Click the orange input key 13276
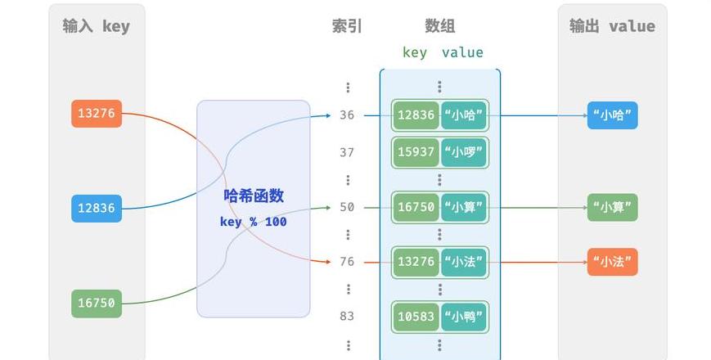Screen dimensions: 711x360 (x=97, y=114)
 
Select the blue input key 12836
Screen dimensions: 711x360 (x=97, y=208)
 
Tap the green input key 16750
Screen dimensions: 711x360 (x=97, y=304)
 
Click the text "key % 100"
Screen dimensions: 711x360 (x=253, y=222)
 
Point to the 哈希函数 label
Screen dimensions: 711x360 (x=254, y=196)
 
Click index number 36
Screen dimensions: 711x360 (x=347, y=115)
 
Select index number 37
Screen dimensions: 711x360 (x=347, y=152)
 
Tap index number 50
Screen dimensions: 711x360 (x=347, y=207)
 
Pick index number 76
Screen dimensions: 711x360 (x=347, y=262)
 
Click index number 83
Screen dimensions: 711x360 (x=347, y=316)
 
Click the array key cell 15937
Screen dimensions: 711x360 (x=416, y=152)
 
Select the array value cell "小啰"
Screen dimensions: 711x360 (x=463, y=152)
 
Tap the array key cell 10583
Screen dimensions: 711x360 (x=416, y=317)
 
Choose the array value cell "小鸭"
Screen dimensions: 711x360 (x=463, y=317)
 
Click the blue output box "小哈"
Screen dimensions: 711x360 (x=613, y=115)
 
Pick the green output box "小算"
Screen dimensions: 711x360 (x=613, y=208)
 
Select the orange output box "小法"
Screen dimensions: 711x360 (x=613, y=262)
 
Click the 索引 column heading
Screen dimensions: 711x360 (x=347, y=26)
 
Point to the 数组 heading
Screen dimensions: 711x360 (x=440, y=26)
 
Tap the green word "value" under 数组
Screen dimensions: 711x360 (x=462, y=52)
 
